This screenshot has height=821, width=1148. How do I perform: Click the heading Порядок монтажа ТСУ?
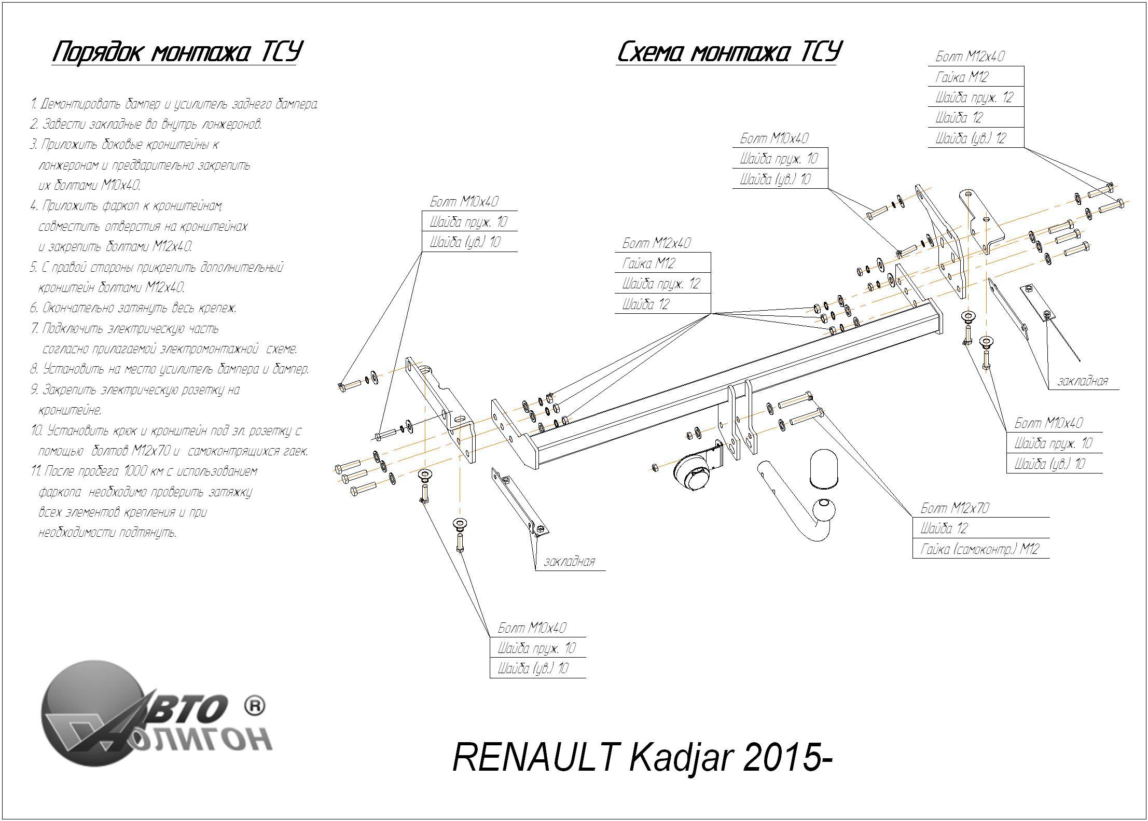(x=176, y=52)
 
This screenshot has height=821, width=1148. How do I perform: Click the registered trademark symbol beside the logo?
(x=254, y=706)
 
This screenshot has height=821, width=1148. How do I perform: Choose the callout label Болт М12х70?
(x=955, y=508)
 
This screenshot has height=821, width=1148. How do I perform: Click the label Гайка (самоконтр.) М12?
(x=979, y=549)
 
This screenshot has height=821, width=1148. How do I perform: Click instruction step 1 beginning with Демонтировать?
(x=174, y=104)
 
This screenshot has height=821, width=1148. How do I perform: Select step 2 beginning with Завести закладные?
(x=146, y=124)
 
